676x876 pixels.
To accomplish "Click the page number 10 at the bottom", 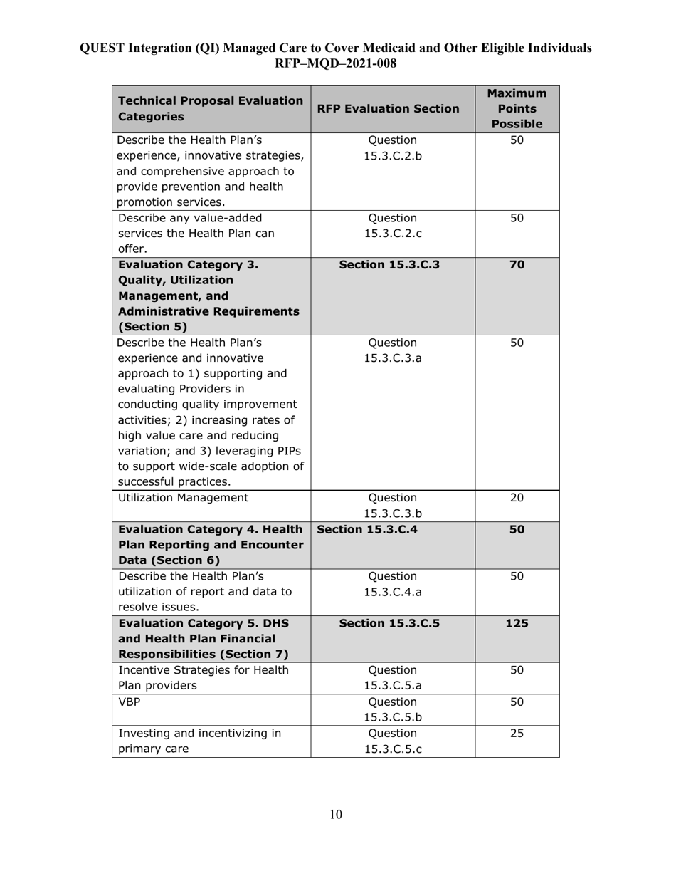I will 336,815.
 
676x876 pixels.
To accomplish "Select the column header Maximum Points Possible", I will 517,108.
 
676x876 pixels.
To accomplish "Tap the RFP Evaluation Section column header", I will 392,109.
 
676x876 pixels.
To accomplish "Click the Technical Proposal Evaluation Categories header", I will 210,108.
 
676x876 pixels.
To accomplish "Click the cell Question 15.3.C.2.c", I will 392,226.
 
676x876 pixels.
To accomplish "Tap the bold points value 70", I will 517,265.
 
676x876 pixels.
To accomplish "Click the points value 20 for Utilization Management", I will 517,498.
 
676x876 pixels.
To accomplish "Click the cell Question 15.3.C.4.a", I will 392,583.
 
